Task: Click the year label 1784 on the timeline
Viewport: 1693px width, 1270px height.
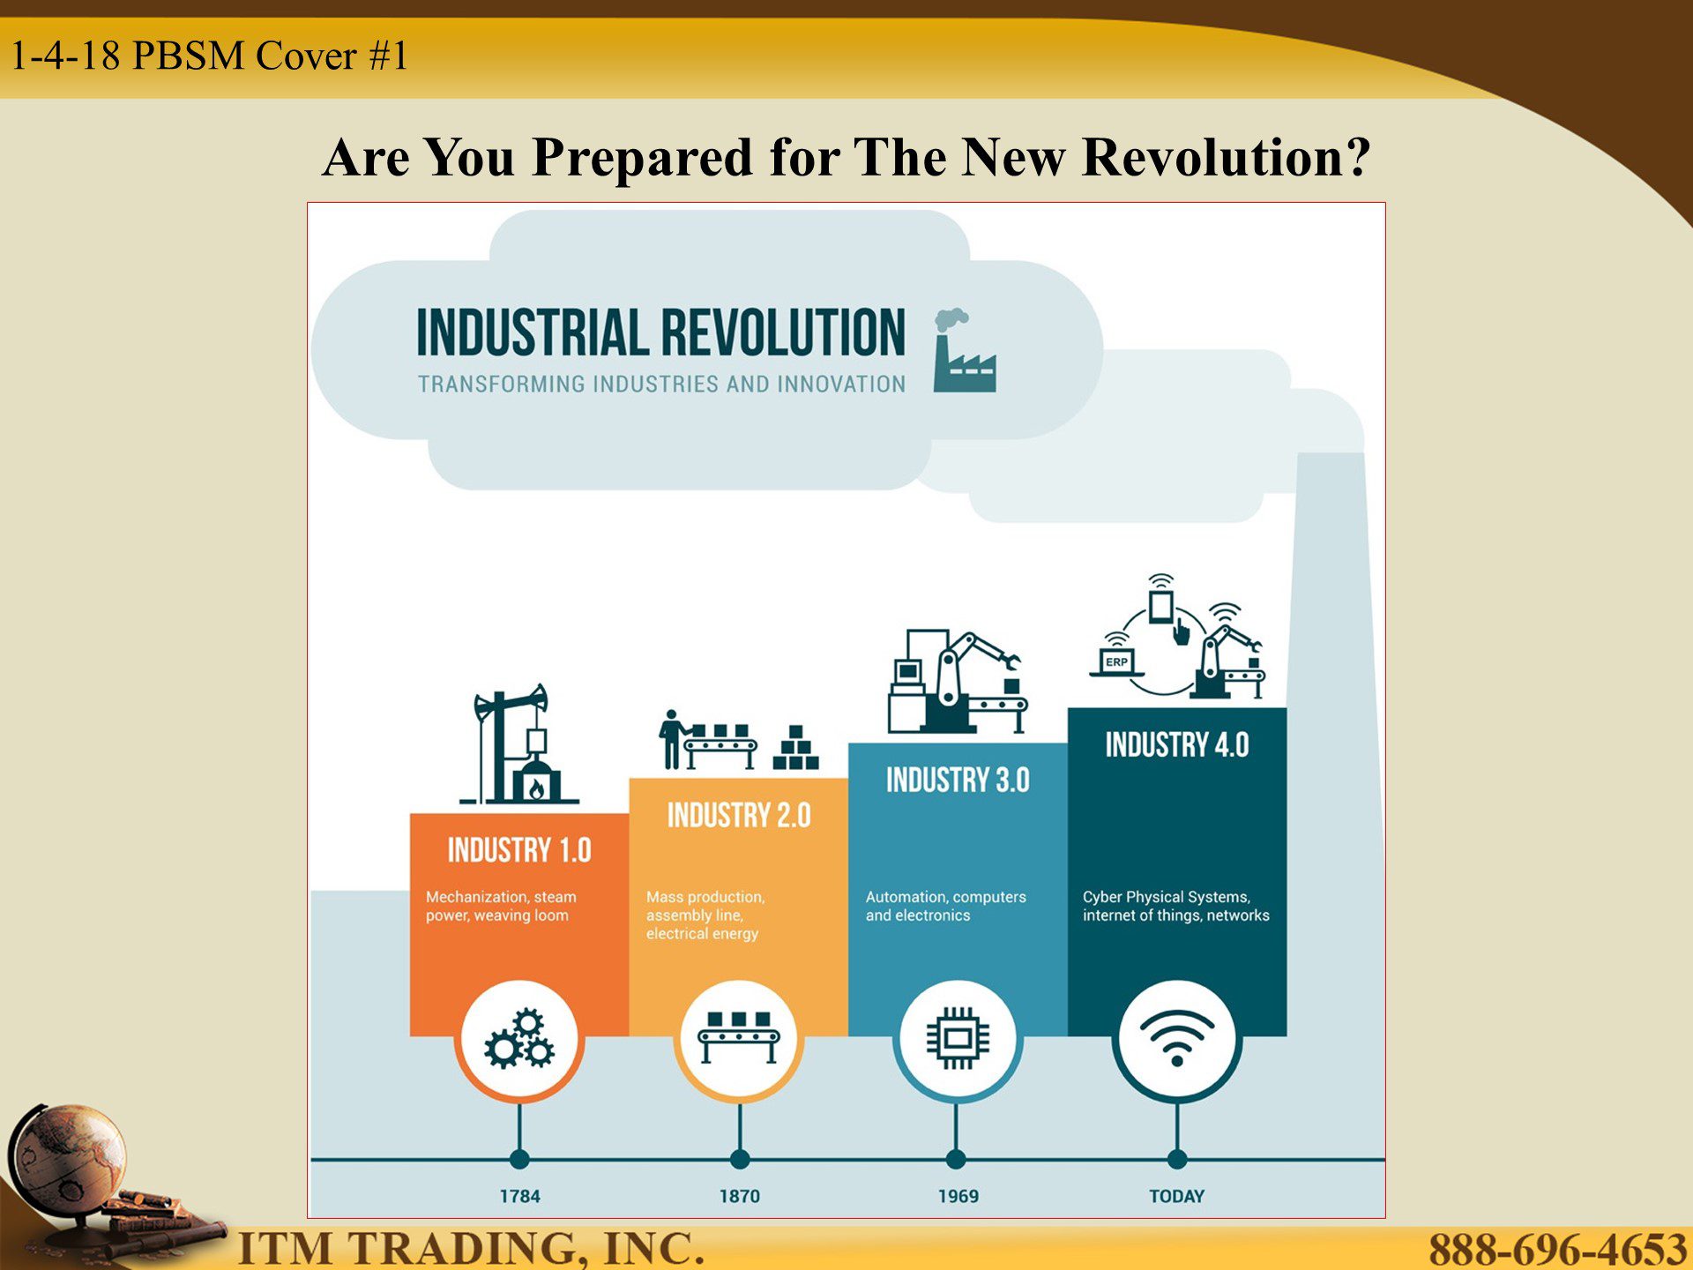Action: pos(519,1196)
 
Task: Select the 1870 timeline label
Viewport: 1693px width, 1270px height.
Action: pos(739,1196)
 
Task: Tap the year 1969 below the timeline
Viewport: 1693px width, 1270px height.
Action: pos(958,1196)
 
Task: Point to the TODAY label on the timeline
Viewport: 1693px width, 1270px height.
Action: pos(1176,1196)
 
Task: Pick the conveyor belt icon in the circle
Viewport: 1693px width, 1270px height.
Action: pos(739,1038)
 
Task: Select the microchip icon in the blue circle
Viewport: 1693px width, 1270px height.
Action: pos(958,1038)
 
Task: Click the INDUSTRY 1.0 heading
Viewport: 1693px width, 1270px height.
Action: pos(519,850)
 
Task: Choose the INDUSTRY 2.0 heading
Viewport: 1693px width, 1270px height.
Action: pos(739,815)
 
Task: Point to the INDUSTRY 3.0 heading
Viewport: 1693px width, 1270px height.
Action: pos(958,780)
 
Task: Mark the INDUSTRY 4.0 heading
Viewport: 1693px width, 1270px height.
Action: pos(1177,744)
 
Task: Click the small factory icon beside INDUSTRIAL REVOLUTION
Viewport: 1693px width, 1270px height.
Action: pos(965,351)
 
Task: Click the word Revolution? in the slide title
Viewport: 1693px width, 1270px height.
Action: pos(1227,157)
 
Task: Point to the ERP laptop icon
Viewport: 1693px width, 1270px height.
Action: pos(1116,663)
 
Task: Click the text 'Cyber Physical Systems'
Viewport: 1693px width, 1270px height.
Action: pos(1166,897)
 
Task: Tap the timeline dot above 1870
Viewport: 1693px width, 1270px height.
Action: pos(740,1159)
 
